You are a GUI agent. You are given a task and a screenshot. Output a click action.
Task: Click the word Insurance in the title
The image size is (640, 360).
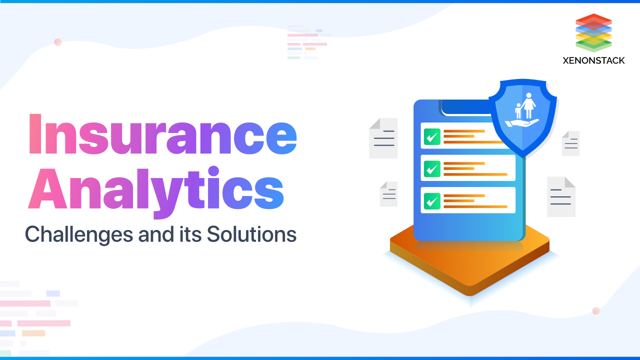coord(161,134)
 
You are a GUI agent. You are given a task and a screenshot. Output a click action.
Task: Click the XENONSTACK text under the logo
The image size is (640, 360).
coord(593,60)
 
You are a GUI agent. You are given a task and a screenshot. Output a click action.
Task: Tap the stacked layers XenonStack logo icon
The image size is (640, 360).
coord(593,33)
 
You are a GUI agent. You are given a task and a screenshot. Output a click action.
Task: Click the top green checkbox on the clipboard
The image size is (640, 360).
coord(431,136)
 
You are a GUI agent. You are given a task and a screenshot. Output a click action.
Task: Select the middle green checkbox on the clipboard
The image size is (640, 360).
coord(431,168)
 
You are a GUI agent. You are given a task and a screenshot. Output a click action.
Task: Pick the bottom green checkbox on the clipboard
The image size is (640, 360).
coord(431,200)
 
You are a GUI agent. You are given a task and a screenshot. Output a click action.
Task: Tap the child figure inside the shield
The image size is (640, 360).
coord(518,111)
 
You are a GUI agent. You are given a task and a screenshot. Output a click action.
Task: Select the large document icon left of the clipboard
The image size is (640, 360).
coord(383,138)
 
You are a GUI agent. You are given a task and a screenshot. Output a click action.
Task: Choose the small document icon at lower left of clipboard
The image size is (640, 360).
coord(388,194)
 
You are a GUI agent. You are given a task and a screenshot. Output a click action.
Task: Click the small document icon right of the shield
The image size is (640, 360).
coord(570,143)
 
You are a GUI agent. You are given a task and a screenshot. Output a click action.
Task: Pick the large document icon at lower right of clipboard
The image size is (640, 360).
coord(561,197)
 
